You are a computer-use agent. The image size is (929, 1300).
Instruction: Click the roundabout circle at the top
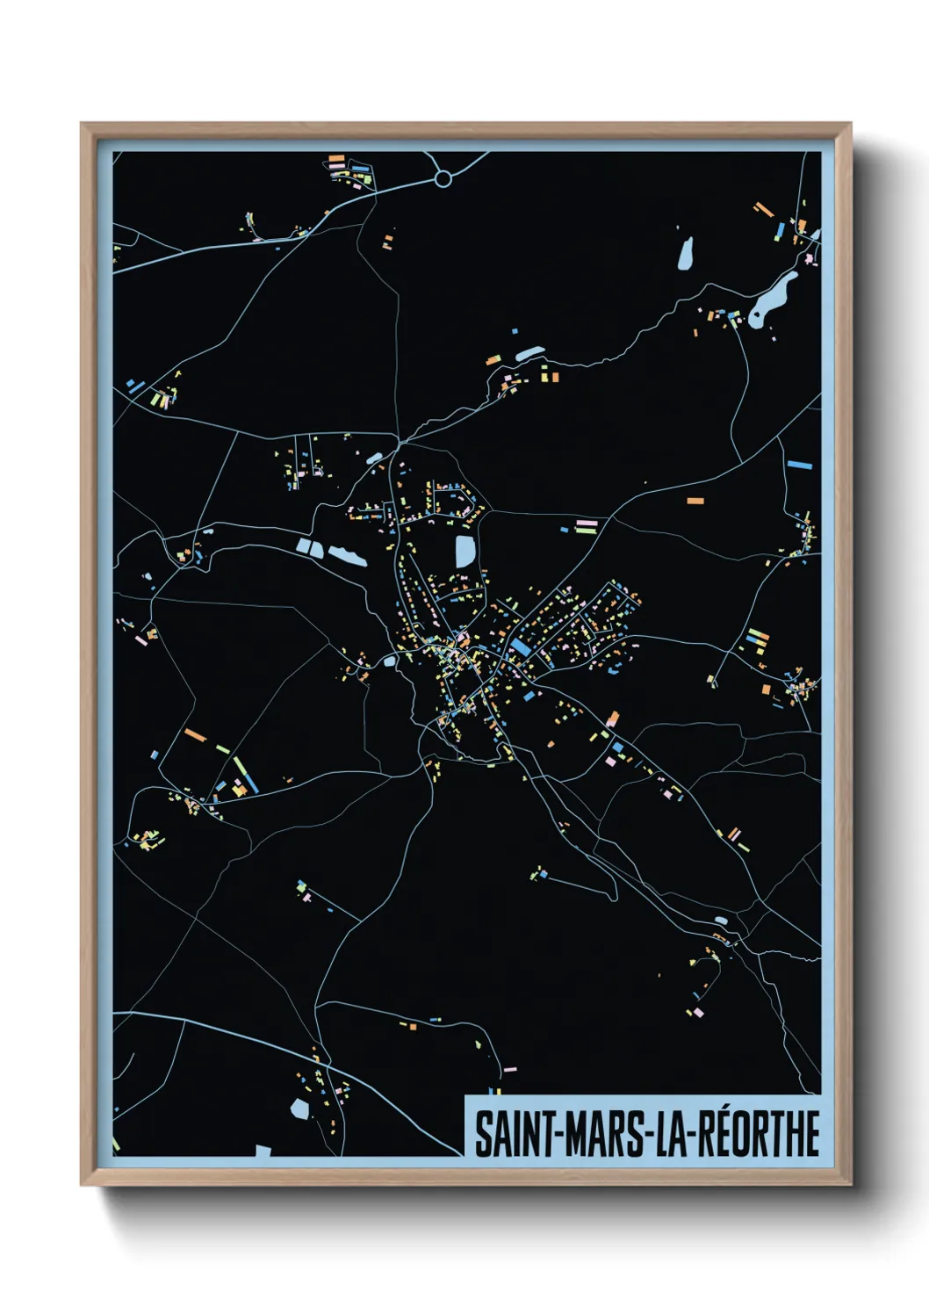click(443, 179)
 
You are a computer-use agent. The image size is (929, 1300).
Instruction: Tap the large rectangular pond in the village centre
click(464, 552)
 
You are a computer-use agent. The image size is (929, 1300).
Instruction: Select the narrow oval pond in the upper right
click(685, 254)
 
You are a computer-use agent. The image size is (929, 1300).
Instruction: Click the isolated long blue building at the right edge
click(799, 465)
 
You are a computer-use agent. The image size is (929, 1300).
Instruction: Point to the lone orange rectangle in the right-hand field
click(695, 501)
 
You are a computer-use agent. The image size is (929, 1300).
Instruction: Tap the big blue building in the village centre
click(521, 648)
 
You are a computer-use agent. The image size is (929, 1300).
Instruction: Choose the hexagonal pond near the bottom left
click(299, 1109)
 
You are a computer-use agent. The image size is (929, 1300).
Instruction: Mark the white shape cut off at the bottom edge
click(263, 1150)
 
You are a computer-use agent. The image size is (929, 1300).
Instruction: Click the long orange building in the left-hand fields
click(195, 734)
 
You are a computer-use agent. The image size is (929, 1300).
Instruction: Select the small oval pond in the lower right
click(721, 921)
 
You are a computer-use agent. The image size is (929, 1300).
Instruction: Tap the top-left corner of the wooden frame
click(83, 126)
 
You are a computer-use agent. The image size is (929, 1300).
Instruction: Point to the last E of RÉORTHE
click(810, 1134)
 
